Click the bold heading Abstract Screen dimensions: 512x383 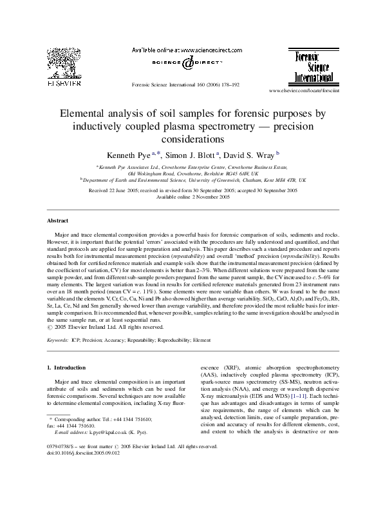click(x=59, y=219)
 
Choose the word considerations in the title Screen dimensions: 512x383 click(x=192, y=138)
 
